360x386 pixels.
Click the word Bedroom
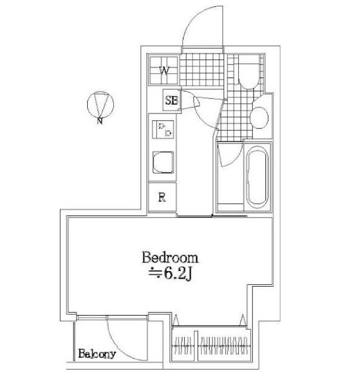pyautogui.click(x=170, y=258)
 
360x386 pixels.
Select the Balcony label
pyautogui.click(x=97, y=354)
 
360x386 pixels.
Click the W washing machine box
pyautogui.click(x=164, y=70)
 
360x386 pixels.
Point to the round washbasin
pyautogui.click(x=259, y=117)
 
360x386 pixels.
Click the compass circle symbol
pyautogui.click(x=100, y=105)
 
